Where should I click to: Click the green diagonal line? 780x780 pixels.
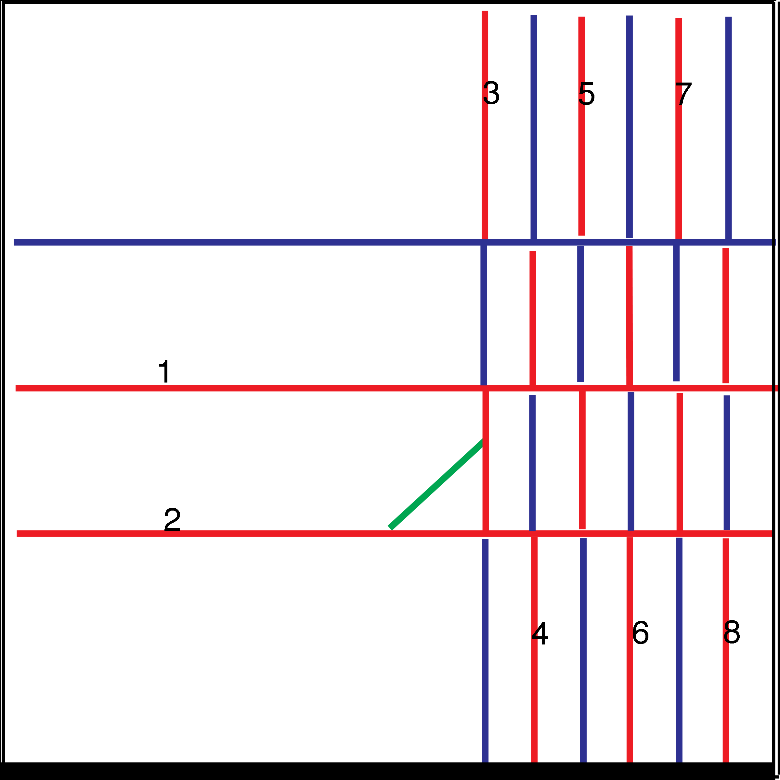(436, 485)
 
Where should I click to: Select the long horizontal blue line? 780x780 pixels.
(242, 242)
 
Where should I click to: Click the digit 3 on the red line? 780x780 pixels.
(487, 93)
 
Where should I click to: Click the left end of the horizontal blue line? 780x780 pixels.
(15, 242)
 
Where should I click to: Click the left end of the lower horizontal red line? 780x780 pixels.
(17, 533)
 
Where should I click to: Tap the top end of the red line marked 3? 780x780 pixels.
(485, 12)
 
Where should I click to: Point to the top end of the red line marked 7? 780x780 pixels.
(679, 19)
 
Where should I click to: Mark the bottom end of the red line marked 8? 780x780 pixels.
(726, 761)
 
